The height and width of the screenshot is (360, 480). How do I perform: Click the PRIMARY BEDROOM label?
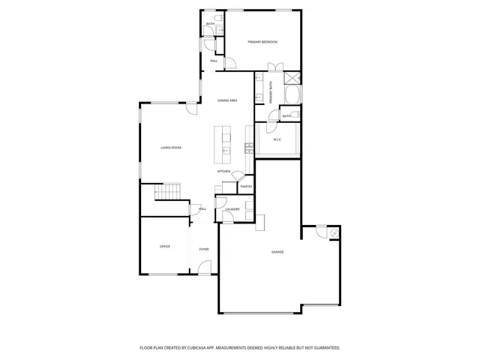point(262,42)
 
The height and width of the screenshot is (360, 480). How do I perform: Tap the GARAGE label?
point(277,251)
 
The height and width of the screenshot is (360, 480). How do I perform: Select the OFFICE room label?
point(164,246)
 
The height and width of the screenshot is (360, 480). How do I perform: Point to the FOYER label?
point(203,249)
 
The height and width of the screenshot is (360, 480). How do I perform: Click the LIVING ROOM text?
point(171,148)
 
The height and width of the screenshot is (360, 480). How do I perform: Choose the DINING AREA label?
point(227,100)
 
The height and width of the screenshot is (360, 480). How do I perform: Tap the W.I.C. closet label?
point(277,139)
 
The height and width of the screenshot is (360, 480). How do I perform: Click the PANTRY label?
point(246,186)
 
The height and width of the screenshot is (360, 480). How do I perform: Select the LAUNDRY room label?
point(232,209)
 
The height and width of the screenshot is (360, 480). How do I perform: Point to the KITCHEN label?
point(223,172)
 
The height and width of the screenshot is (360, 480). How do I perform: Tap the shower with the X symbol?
point(292,77)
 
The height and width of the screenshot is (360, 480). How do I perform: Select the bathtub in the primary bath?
point(292,95)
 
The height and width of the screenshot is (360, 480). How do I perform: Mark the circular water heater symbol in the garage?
point(331,233)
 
